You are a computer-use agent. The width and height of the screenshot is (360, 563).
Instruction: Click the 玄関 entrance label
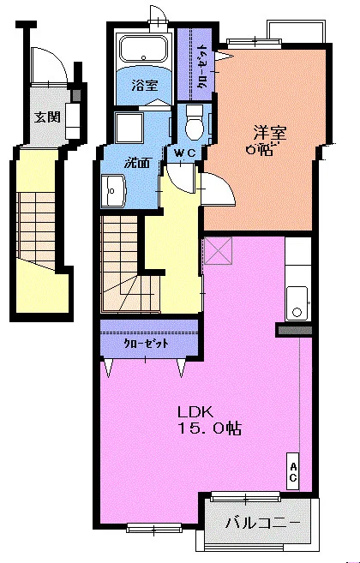point(47,117)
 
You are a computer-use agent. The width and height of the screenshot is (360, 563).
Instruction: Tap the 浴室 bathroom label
point(145,85)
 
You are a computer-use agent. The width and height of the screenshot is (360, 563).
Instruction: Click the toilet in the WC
point(195,123)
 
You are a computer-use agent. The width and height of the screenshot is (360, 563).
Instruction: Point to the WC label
point(184,153)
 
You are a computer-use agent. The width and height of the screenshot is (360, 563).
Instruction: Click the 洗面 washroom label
point(136,163)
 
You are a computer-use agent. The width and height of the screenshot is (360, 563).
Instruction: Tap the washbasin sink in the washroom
point(113,190)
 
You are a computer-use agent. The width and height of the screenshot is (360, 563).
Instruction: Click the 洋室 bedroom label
point(270,133)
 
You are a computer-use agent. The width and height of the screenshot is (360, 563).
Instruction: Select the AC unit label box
point(293,471)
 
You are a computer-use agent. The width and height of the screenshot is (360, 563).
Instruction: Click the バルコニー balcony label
point(262,524)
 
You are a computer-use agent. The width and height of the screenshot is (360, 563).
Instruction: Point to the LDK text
point(195,412)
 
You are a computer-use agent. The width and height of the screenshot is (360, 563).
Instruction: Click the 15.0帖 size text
point(210,428)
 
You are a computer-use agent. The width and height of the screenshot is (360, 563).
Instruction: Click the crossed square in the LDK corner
point(218,251)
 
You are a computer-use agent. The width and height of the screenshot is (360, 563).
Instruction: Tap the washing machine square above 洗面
point(129,128)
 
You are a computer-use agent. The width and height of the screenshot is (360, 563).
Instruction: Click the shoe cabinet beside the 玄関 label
point(74,121)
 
